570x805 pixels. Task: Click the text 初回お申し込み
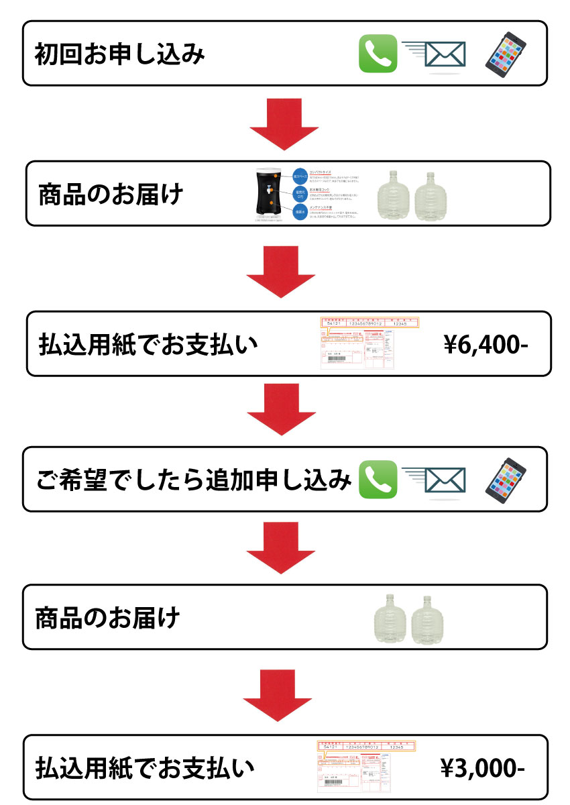[x=119, y=54]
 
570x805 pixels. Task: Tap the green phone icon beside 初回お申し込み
[x=378, y=54]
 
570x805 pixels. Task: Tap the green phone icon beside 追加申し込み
[x=378, y=480]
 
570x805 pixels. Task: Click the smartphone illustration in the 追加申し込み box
[x=506, y=478]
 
